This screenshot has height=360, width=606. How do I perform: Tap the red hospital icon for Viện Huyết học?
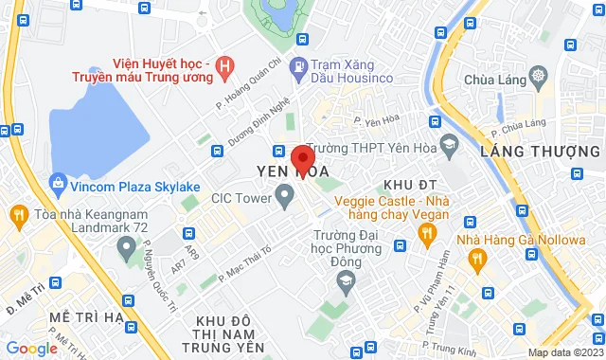pyautogui.click(x=224, y=66)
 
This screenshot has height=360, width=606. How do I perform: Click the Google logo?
pyautogui.click(x=31, y=349)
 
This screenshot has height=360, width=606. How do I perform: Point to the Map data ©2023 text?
pyautogui.click(x=564, y=352)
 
